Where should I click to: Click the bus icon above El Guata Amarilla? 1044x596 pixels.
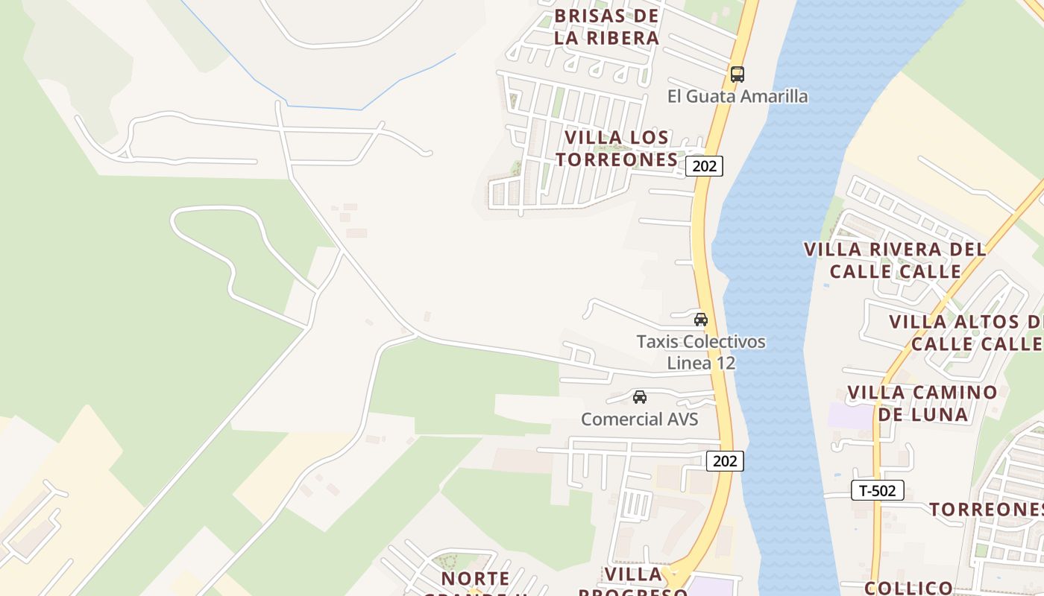[x=737, y=74]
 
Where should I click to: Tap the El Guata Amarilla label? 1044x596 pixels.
[x=737, y=96]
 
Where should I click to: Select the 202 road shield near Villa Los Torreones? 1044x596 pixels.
[x=704, y=166]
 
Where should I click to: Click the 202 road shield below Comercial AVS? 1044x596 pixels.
[x=724, y=461]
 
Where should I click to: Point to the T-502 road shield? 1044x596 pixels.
[x=877, y=490]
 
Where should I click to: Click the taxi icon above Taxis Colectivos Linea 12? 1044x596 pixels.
[x=700, y=320]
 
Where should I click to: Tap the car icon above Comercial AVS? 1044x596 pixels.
[x=639, y=397]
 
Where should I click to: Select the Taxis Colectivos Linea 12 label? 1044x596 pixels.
[x=700, y=352]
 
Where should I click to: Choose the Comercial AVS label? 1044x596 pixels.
[x=639, y=419]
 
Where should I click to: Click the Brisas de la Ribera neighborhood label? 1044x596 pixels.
[x=606, y=27]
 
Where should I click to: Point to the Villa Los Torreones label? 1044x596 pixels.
[x=616, y=148]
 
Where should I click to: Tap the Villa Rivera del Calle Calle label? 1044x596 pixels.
[x=895, y=260]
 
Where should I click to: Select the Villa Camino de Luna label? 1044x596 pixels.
[x=922, y=403]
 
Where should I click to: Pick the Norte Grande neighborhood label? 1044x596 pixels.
[x=475, y=580]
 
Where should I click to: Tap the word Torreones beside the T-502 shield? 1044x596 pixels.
[x=986, y=509]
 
